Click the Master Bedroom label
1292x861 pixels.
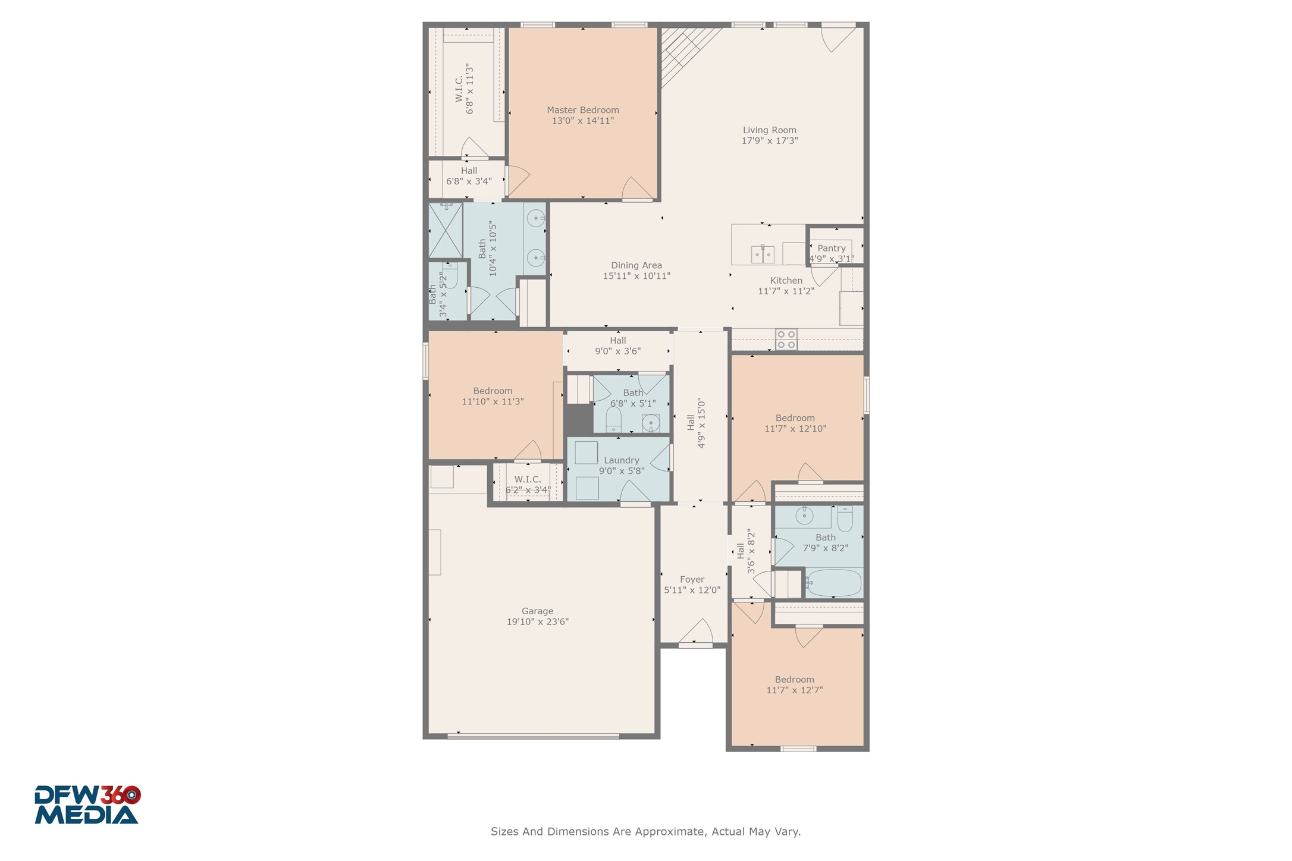click(582, 110)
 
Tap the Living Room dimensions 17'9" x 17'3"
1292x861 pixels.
click(769, 141)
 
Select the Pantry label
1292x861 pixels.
click(831, 249)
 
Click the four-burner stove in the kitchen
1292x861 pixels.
click(786, 340)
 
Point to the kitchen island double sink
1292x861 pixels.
click(763, 254)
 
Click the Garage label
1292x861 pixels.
click(537, 611)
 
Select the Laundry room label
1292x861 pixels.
click(621, 460)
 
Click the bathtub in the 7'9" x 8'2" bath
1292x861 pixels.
click(833, 583)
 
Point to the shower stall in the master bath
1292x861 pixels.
click(445, 231)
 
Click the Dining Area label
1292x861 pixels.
click(636, 266)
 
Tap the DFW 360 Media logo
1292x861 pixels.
click(87, 805)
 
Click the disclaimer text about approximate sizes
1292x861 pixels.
click(645, 832)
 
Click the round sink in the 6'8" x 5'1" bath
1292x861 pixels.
click(651, 423)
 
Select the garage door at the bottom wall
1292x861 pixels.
click(533, 737)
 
